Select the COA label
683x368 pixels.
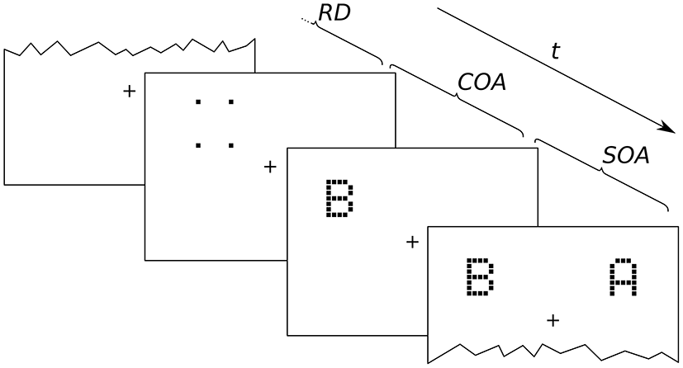pos(481,83)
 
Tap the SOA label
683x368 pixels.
pos(624,154)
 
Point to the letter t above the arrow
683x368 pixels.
pos(556,51)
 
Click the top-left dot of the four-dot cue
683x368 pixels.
pos(197,102)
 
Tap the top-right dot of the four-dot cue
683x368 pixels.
pos(231,102)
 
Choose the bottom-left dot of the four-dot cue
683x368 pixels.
pos(197,146)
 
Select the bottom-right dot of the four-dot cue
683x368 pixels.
pos(231,146)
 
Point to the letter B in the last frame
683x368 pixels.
pos(480,277)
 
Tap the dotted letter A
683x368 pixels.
pos(624,277)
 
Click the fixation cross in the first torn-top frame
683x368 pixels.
pos(128,91)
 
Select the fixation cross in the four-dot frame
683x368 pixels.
pos(269,167)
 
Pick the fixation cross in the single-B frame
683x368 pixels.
pos(412,242)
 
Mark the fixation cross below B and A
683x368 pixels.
pos(553,318)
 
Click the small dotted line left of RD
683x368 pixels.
pos(307,21)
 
